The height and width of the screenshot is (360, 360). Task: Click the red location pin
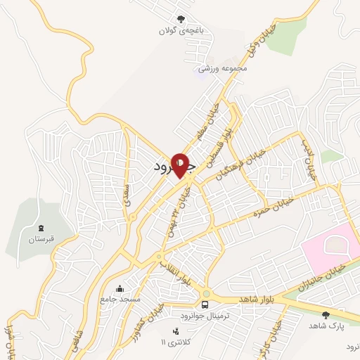click(x=181, y=164)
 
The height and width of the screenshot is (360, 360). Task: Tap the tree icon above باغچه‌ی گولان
click(x=181, y=19)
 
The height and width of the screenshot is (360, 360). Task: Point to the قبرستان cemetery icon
click(x=41, y=228)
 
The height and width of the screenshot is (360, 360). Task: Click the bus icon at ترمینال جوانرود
click(x=205, y=304)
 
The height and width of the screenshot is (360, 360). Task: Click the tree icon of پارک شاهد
click(x=325, y=315)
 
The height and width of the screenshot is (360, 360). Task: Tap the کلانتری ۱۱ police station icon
click(x=175, y=330)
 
